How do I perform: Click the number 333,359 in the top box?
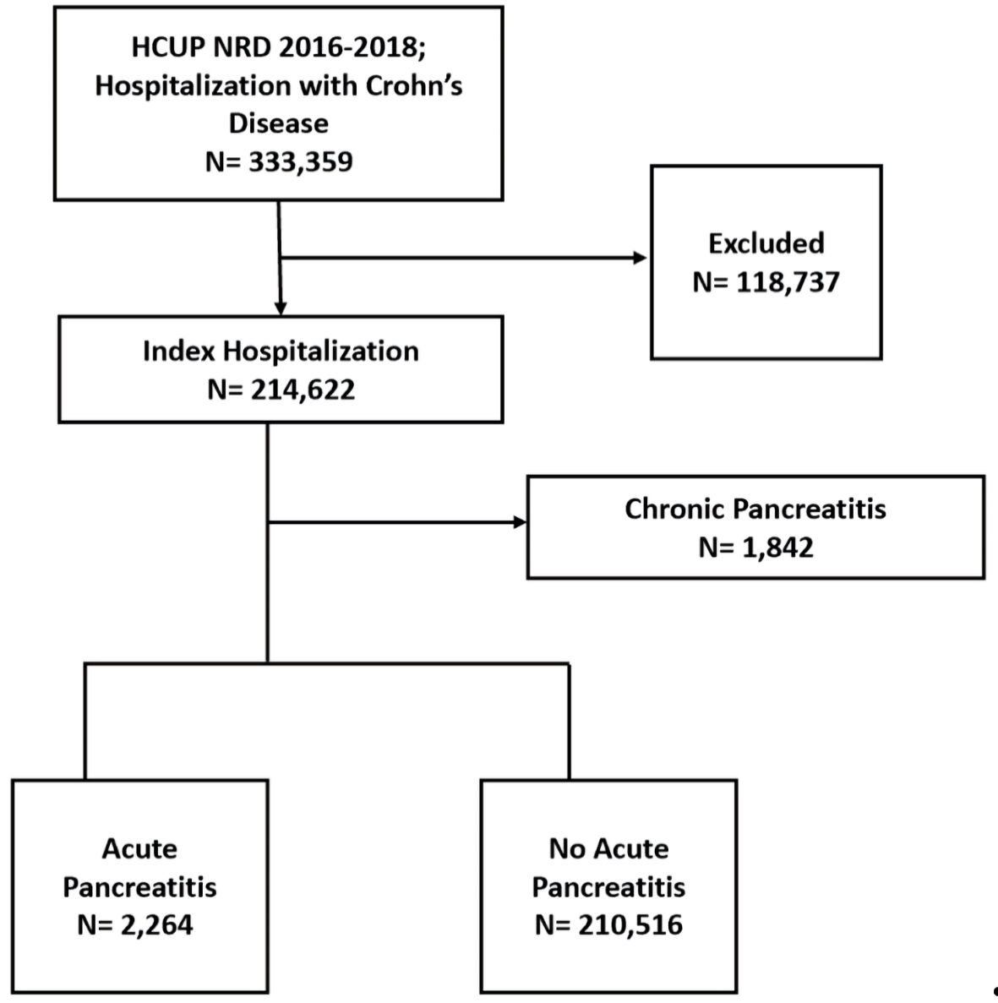pos(301,162)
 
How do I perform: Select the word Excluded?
pos(766,243)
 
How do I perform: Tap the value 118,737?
pos(788,282)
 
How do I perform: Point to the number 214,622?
pos(303,390)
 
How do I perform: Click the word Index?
pos(178,352)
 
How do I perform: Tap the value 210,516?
pos(630,925)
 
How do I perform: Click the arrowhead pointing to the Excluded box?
pos(641,258)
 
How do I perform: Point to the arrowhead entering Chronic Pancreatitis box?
pos(520,522)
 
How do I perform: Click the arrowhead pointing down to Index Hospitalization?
pos(281,309)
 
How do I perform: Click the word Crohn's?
pos(414,85)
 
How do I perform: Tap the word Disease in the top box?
pos(279,123)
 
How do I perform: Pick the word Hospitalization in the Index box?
pos(320,352)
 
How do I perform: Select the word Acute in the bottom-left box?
pos(139,849)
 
